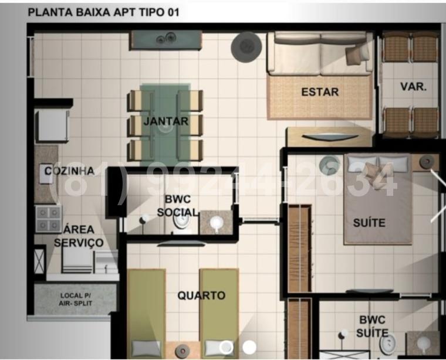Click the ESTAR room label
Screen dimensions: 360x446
pyautogui.click(x=320, y=92)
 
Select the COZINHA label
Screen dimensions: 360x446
pyautogui.click(x=70, y=171)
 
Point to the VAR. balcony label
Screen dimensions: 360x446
pyautogui.click(x=413, y=86)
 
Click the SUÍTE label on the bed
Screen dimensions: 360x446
pyautogui.click(x=369, y=222)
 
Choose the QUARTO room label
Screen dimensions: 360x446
pyautogui.click(x=201, y=296)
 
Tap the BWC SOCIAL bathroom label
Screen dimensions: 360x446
pyautogui.click(x=177, y=205)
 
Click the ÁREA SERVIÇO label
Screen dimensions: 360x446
pyautogui.click(x=80, y=236)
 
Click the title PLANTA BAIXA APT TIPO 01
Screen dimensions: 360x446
pyautogui.click(x=104, y=12)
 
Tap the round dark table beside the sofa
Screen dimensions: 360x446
pyautogui.click(x=246, y=47)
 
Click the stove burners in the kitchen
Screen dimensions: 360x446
pyautogui.click(x=49, y=218)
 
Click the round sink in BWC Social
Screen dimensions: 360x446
pyautogui.click(x=216, y=222)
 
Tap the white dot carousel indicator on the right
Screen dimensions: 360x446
pyautogui.click(x=249, y=347)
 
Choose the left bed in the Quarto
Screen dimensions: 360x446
pyautogui.click(x=146, y=311)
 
